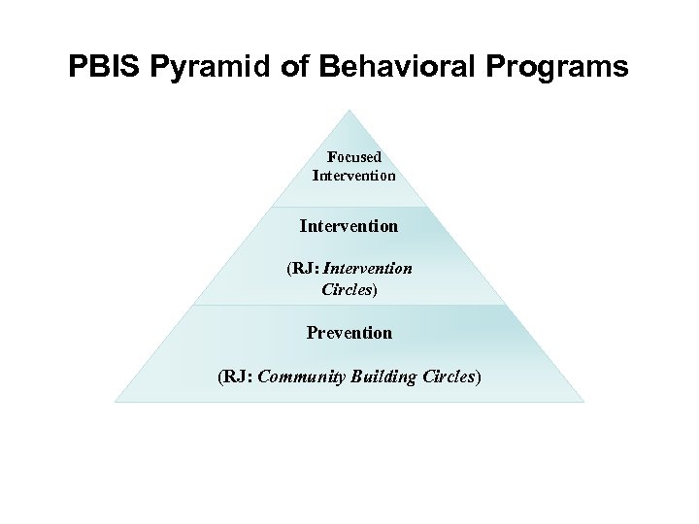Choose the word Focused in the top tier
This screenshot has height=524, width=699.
click(353, 157)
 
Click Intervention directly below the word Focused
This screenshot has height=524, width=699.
click(353, 176)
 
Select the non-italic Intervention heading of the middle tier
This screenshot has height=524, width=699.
click(349, 226)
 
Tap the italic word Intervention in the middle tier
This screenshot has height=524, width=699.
click(369, 269)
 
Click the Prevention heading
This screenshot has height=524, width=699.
click(349, 333)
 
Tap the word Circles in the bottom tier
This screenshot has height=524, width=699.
click(449, 377)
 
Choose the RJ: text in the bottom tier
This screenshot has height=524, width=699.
click(238, 377)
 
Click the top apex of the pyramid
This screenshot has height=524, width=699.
click(350, 110)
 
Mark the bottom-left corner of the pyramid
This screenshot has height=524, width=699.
click(116, 401)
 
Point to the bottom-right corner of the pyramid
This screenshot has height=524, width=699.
click(583, 401)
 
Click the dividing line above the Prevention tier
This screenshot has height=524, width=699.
click(349, 305)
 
